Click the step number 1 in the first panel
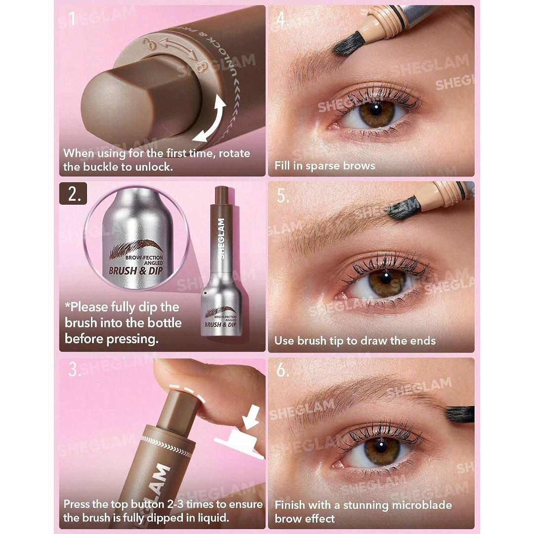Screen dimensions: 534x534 coord(73,20)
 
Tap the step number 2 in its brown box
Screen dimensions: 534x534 coord(74,194)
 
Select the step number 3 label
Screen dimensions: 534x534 coord(75,369)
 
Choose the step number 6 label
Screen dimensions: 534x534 coord(283,370)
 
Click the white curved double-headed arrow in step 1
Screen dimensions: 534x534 coord(210,121)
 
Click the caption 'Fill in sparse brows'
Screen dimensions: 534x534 coord(325,166)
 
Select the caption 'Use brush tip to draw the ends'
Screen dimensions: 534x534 coord(355,341)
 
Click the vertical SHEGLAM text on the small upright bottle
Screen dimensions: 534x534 coord(221,239)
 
